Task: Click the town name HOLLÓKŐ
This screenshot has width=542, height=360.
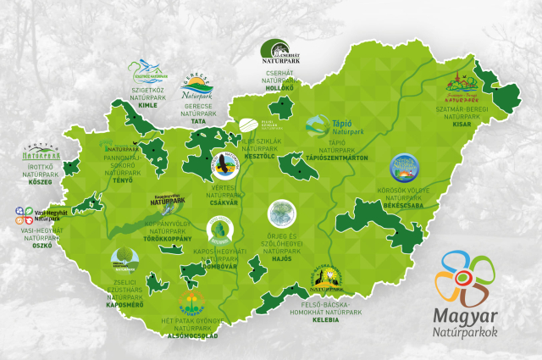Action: [x=279, y=87]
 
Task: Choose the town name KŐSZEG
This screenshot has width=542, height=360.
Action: [x=41, y=182]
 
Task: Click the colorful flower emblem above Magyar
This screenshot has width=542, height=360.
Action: [x=464, y=276]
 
